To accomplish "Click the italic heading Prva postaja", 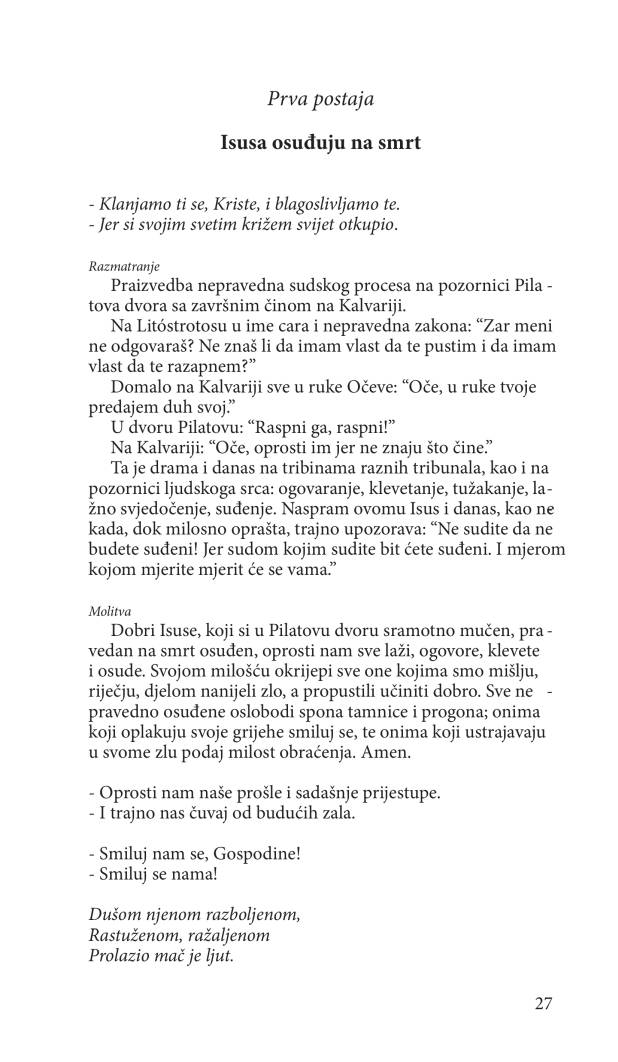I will click(320, 97).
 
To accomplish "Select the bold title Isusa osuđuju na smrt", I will click(320, 143).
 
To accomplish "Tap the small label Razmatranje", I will click(117, 267).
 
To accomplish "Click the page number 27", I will click(543, 1003).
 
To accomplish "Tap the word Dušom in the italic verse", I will click(113, 914).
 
